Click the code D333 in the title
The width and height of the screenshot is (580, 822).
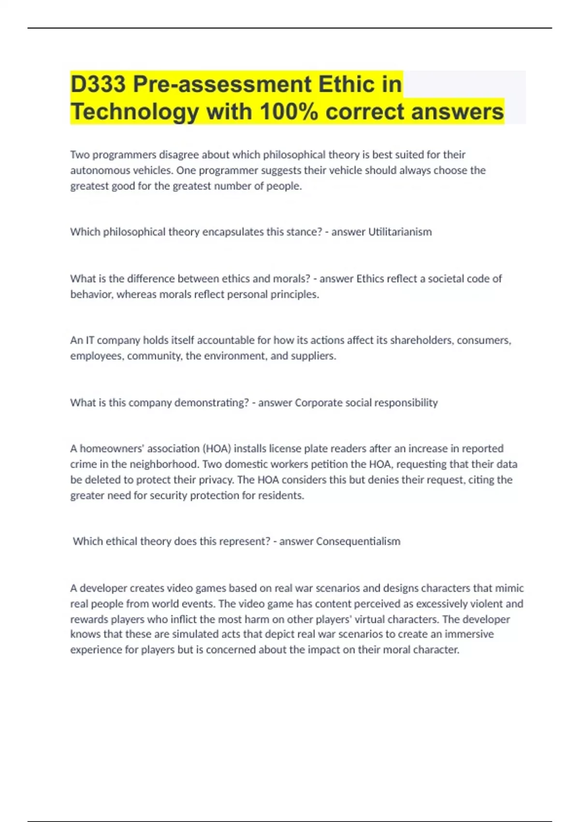point(98,84)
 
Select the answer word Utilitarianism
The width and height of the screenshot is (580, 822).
point(400,232)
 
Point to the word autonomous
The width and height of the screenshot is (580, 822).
point(96,171)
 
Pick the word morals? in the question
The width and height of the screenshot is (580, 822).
point(291,279)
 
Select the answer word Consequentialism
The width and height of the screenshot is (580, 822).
point(358,542)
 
